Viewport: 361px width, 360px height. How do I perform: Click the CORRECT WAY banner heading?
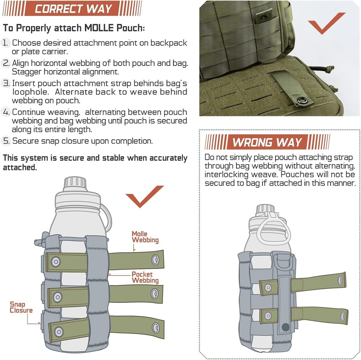coord(74,9)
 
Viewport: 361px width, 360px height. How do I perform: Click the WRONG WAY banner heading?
coord(267,142)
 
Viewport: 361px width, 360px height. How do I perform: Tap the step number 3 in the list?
coord(6,83)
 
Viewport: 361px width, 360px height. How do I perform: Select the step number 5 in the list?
coord(6,141)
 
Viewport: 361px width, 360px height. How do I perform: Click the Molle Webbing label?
coord(144,237)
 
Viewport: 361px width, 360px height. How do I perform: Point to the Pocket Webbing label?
coord(145,277)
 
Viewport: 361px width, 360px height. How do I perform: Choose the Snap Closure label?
coord(21,308)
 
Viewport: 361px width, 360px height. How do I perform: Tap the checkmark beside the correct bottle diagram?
coord(144,196)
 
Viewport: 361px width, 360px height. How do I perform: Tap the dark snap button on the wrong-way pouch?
coord(285,327)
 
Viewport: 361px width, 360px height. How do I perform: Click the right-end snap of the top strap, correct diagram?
coord(156,258)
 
